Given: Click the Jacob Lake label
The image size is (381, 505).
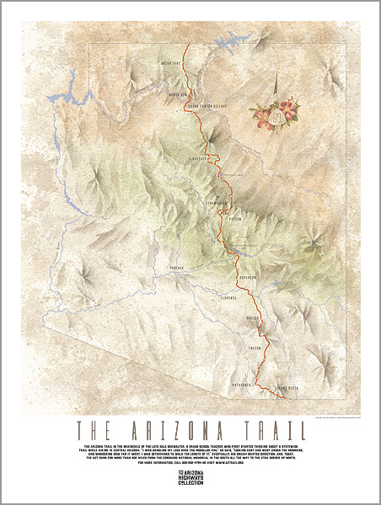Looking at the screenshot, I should [x=172, y=62].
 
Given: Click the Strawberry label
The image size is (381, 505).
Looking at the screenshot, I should [x=217, y=203].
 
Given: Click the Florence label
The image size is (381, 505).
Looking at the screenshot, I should [x=229, y=298].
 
